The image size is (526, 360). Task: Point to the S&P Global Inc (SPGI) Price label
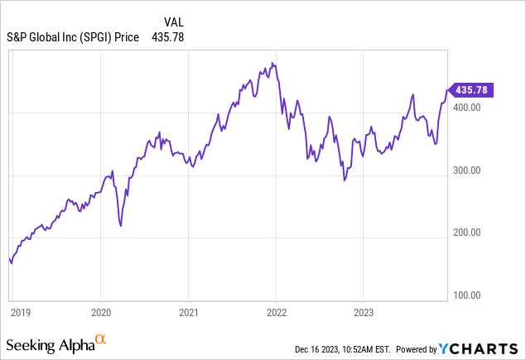pyautogui.click(x=73, y=37)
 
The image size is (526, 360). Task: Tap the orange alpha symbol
pyautogui.click(x=100, y=339)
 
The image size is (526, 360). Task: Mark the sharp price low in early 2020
pyautogui.click(x=121, y=225)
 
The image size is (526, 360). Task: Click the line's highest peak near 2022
pyautogui.click(x=273, y=63)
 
